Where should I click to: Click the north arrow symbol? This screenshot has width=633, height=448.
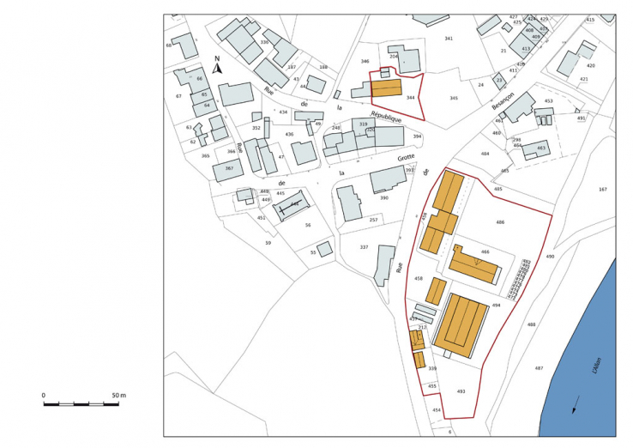point(218,67)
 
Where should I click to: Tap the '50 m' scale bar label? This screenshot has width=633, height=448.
point(118,395)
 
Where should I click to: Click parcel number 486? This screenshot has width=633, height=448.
point(500,222)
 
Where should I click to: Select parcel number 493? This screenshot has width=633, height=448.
point(461,391)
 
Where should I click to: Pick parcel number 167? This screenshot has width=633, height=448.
point(602,189)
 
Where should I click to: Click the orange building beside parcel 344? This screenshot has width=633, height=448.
point(386,90)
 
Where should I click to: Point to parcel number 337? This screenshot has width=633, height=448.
point(364,247)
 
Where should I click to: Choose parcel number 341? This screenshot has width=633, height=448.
point(449,39)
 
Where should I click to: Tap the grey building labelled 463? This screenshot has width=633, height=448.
point(537,148)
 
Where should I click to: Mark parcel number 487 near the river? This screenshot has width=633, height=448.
point(539,368)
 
